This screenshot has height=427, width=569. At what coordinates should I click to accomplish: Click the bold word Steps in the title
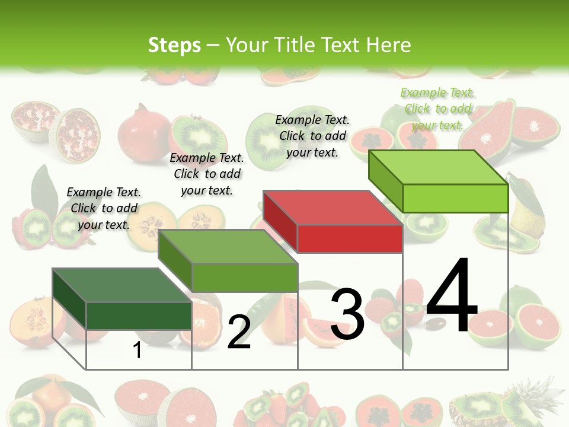click(x=174, y=45)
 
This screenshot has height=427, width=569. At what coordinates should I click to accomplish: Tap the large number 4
click(x=452, y=296)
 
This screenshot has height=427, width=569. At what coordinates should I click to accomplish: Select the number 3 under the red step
click(x=347, y=314)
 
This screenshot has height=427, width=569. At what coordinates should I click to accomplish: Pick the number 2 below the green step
click(x=239, y=332)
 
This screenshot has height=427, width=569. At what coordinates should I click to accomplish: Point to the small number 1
click(x=137, y=350)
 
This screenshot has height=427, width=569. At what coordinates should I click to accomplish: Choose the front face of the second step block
click(x=245, y=278)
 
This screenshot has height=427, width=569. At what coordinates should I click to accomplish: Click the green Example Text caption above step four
click(x=437, y=109)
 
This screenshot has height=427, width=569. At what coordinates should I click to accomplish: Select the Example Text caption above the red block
click(x=312, y=136)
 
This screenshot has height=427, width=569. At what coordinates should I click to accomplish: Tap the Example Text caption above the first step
click(x=104, y=208)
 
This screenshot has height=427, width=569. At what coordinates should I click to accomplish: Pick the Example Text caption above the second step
click(x=207, y=174)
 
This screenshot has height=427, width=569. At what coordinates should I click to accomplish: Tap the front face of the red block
click(x=350, y=239)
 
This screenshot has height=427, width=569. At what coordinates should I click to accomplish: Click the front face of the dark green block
click(x=139, y=316)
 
